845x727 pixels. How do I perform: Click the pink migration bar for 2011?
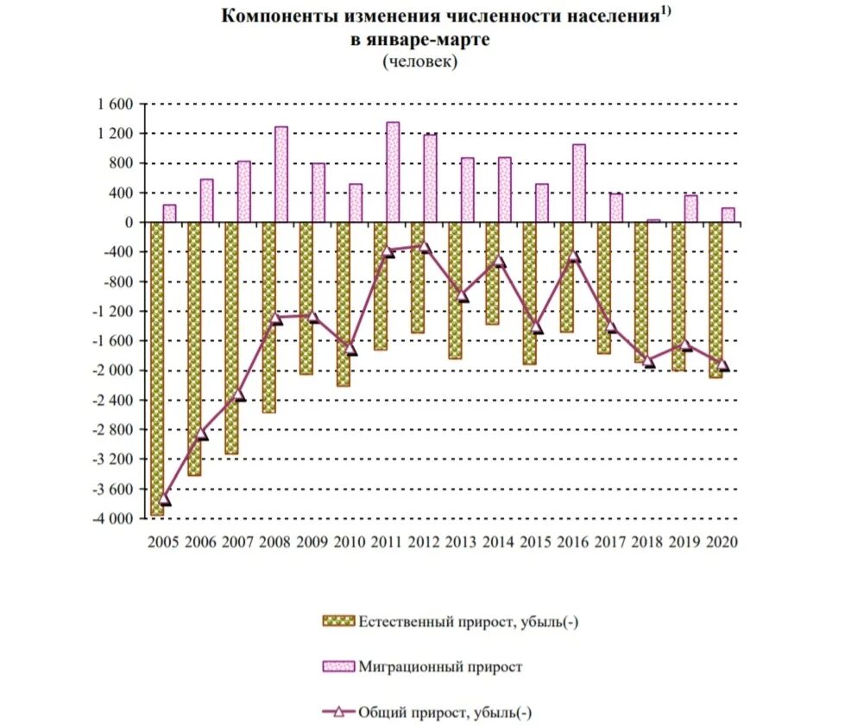(x=393, y=172)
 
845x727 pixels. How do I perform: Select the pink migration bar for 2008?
(x=281, y=174)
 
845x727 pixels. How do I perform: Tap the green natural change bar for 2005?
(x=157, y=370)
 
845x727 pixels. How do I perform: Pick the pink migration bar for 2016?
(x=579, y=183)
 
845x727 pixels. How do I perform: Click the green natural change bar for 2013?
(x=455, y=290)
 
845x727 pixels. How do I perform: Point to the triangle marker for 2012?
(x=425, y=247)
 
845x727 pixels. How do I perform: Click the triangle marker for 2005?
(x=165, y=500)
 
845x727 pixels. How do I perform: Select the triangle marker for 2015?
(x=537, y=327)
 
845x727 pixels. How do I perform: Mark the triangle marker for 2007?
(x=239, y=395)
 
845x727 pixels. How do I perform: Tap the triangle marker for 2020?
(x=723, y=366)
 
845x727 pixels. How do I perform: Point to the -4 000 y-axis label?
(x=112, y=518)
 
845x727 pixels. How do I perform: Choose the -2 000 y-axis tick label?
(x=112, y=370)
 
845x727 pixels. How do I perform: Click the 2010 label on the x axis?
(x=350, y=541)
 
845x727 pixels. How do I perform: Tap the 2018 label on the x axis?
(x=646, y=541)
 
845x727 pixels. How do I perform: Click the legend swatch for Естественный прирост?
(x=338, y=620)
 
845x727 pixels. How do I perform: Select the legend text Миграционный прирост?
(x=440, y=667)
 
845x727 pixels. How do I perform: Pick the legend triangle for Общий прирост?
(x=338, y=712)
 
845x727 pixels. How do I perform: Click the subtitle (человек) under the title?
(x=419, y=61)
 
